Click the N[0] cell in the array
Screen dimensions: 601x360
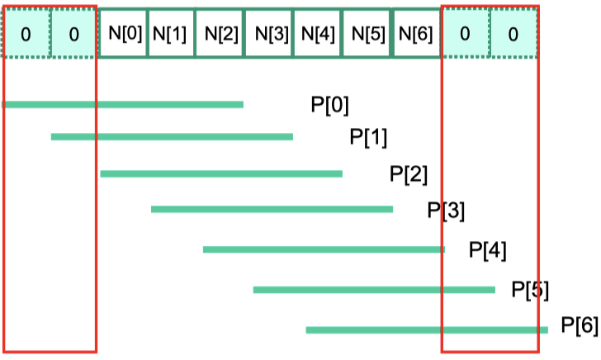point(123,33)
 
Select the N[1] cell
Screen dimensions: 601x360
point(172,33)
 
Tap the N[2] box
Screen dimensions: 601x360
point(220,33)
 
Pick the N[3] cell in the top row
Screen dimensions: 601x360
point(269,33)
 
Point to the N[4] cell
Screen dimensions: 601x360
point(318,33)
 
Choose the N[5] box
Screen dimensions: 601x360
point(367,33)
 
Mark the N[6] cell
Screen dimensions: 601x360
point(417,33)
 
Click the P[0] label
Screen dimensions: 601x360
point(329,105)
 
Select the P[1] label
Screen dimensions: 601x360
point(368,137)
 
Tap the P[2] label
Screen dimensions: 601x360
point(408,174)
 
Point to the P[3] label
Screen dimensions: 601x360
point(446,211)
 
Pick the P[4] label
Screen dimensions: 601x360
point(488,250)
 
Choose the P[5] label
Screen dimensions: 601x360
point(530,290)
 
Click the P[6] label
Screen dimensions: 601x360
point(580,325)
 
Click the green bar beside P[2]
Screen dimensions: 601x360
point(221,174)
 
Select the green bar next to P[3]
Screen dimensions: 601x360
point(272,210)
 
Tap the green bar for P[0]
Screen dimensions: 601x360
point(122,105)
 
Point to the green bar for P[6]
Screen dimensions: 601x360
point(427,330)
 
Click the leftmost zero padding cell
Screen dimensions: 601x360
point(26,34)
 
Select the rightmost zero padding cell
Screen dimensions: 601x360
point(513,34)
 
